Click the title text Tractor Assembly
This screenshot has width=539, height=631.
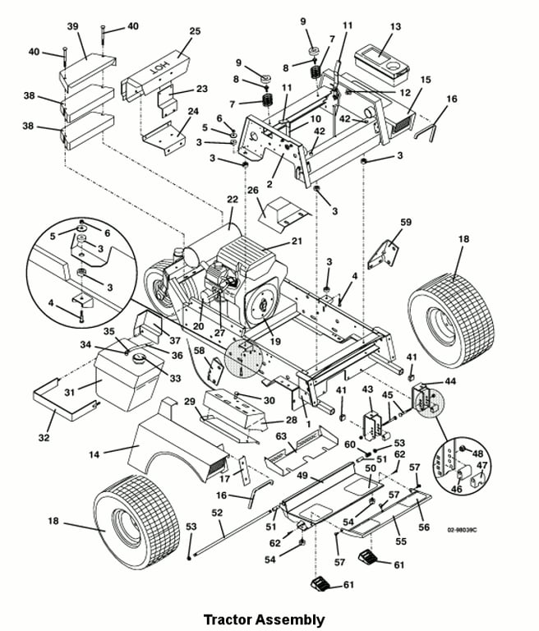click(263, 619)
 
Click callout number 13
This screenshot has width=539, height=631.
click(395, 27)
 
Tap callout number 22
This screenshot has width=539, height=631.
click(232, 200)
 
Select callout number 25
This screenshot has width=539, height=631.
click(195, 31)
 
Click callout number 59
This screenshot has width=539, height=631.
click(405, 222)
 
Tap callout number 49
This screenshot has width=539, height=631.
click(302, 476)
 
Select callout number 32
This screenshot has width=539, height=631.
click(44, 438)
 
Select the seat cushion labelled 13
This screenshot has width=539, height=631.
click(383, 60)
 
